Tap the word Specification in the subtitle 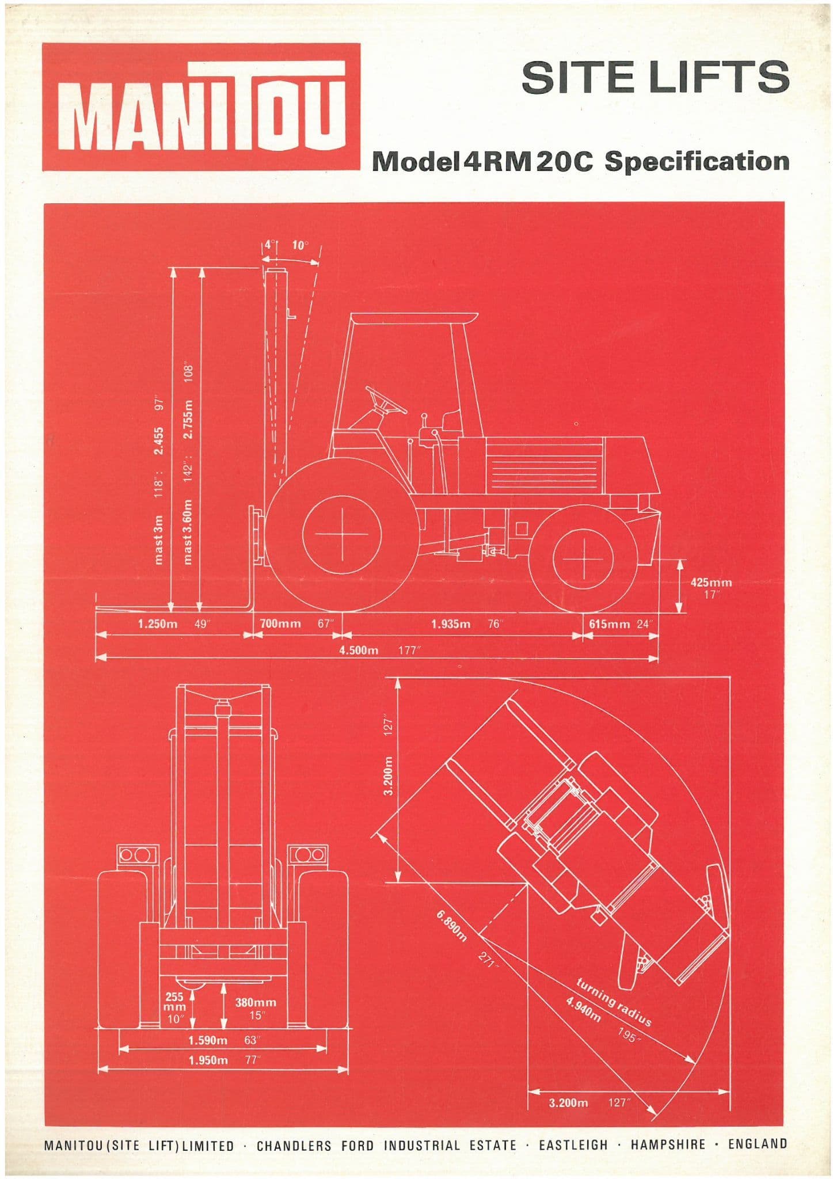pyautogui.click(x=697, y=162)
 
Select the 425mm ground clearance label pyautogui.click(x=711, y=582)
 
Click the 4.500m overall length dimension pyautogui.click(x=359, y=651)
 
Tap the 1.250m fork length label pyautogui.click(x=158, y=623)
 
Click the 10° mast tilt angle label pyautogui.click(x=301, y=245)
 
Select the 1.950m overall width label pyautogui.click(x=208, y=1060)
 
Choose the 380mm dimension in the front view pyautogui.click(x=256, y=1002)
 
